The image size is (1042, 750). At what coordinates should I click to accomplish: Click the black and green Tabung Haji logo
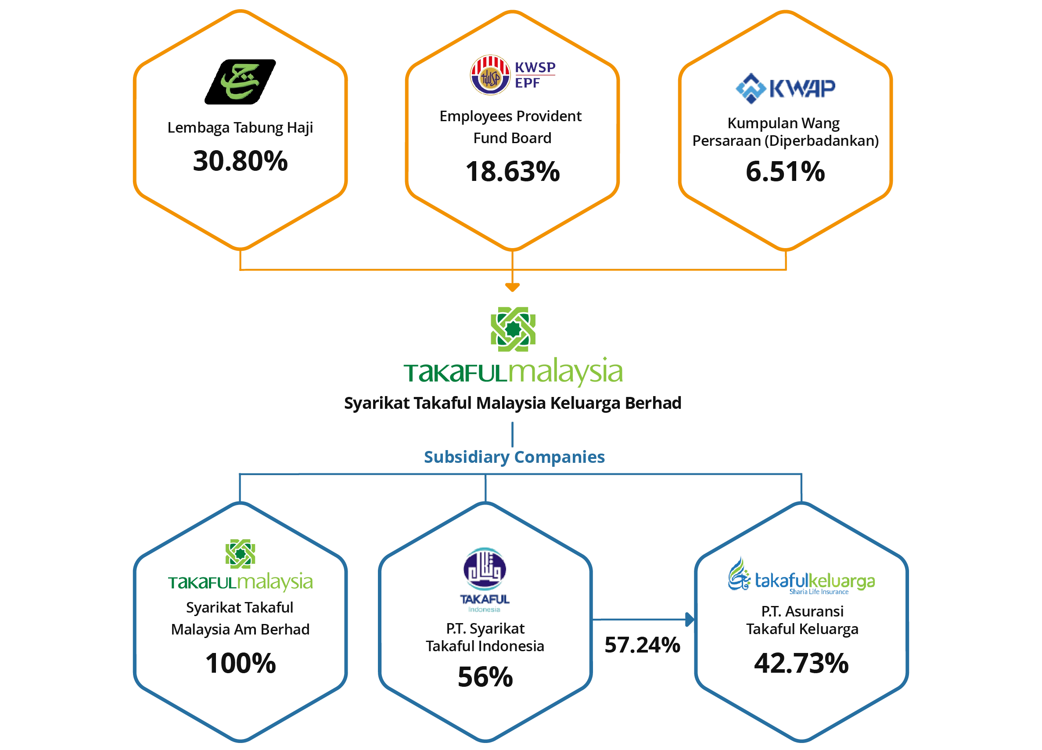click(240, 80)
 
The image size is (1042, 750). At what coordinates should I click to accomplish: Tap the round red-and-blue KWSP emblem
click(490, 76)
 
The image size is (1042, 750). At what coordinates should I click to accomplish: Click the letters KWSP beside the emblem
click(535, 67)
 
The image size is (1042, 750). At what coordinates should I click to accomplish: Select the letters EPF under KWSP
click(527, 83)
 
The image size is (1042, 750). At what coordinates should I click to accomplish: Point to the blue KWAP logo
click(785, 87)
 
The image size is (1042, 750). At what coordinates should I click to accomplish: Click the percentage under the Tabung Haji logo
click(240, 160)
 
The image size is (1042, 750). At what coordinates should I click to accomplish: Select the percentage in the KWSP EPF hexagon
click(513, 171)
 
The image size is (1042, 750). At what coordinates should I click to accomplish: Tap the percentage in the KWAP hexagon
click(785, 171)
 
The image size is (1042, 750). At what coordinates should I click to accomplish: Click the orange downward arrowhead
click(512, 287)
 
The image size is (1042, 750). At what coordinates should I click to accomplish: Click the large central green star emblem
click(513, 329)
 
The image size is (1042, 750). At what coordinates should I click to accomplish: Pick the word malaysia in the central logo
click(567, 371)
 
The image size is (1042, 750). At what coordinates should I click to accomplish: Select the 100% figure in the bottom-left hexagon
click(241, 663)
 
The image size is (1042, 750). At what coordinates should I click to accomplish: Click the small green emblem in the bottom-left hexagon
click(240, 554)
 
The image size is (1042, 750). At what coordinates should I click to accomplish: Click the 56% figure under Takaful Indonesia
click(484, 677)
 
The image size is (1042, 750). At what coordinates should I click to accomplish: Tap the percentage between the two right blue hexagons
click(642, 645)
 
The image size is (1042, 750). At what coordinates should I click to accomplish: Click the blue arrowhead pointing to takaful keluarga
click(690, 620)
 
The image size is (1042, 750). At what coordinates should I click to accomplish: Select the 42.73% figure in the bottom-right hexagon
click(801, 663)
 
